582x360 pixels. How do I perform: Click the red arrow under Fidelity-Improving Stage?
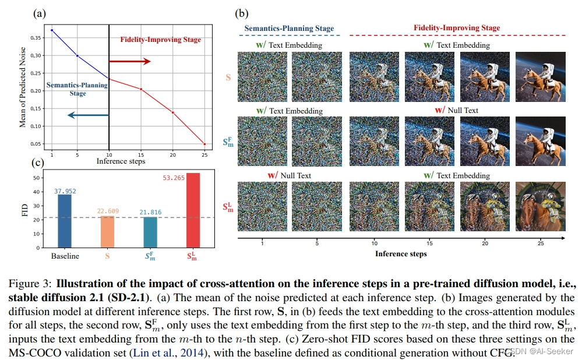tap(129, 61)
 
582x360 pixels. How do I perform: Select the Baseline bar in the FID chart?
tap(65, 221)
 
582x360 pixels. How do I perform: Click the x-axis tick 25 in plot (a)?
tap(204, 153)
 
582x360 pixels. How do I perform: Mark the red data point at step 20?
tap(172, 112)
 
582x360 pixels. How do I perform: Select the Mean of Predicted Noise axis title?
tap(23, 87)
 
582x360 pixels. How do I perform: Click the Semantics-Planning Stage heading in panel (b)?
tap(289, 28)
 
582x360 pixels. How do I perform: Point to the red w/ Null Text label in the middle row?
tap(456, 110)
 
